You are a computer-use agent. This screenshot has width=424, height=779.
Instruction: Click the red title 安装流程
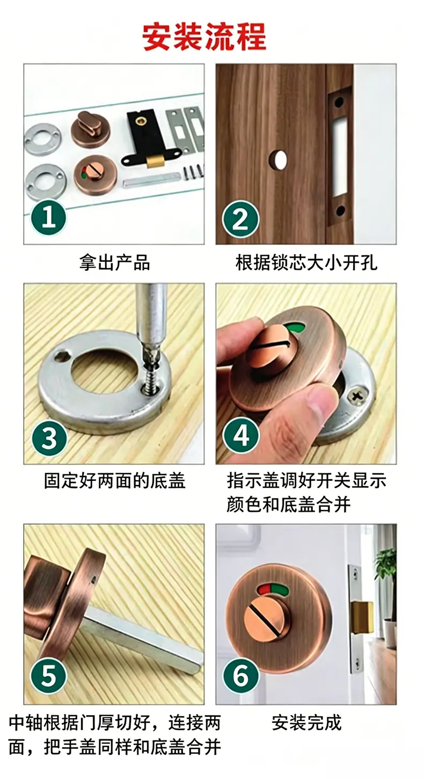[x=204, y=37]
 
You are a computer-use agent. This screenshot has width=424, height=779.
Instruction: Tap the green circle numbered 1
[x=49, y=218]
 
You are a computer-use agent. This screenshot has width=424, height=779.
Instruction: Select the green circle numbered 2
[x=240, y=219]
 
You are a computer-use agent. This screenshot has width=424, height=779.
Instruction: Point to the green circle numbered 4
[x=241, y=435]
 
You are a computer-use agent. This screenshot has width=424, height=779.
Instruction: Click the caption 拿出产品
[x=114, y=263]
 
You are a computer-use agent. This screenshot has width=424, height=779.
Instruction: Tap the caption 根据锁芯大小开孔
[x=306, y=263]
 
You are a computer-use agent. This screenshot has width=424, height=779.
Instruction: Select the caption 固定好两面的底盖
[x=114, y=481]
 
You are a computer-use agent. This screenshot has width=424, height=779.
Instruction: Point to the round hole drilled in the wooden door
[x=279, y=160]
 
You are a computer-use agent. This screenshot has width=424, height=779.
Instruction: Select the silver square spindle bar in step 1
[x=151, y=182]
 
